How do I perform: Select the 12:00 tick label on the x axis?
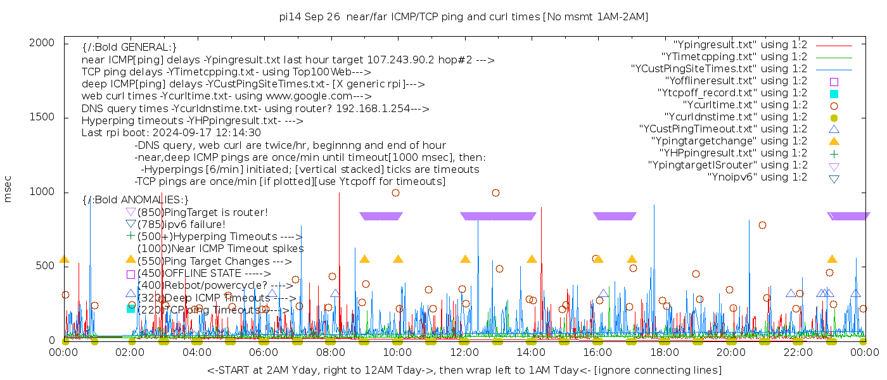point(464,352)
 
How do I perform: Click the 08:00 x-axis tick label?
point(331,352)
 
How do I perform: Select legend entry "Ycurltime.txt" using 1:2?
point(744,105)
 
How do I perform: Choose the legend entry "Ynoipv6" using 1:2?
point(757,177)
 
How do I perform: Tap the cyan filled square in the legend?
point(834,94)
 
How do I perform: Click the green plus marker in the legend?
point(834,154)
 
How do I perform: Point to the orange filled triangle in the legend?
point(834,141)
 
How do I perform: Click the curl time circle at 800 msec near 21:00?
point(762,225)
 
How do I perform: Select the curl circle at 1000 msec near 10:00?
point(395,193)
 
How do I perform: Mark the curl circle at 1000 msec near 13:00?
point(495,193)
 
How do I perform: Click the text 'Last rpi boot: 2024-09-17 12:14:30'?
point(171,133)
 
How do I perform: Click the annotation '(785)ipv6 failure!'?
point(181,224)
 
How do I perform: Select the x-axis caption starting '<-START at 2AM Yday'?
point(464,370)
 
